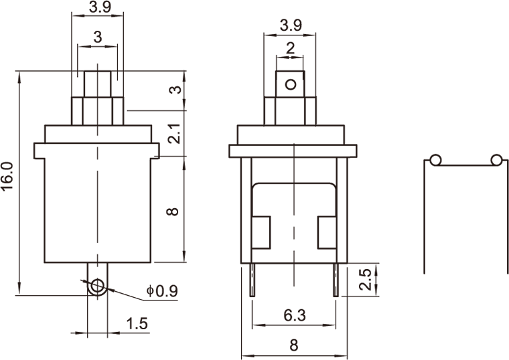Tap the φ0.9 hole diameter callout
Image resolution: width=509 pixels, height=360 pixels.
coord(162,290)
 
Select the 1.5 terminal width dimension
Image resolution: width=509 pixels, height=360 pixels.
coord(137,323)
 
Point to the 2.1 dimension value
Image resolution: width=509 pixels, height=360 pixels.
coord(174,133)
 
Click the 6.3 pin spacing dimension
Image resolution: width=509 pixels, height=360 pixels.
coord(295,315)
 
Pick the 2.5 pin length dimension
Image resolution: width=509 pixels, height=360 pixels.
coord(365,279)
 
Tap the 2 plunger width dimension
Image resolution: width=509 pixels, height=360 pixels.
coord(290,48)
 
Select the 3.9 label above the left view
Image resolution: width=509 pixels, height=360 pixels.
coord(100,7)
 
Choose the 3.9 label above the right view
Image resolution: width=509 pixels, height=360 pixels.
coord(291,25)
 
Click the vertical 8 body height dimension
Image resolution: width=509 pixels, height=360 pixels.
coord(172,211)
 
